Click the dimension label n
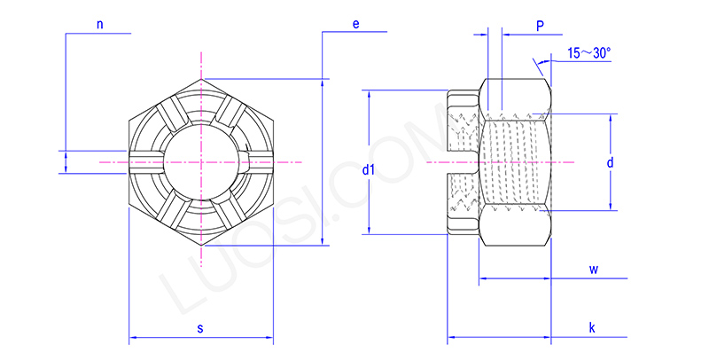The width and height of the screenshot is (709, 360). pyautogui.click(x=100, y=25)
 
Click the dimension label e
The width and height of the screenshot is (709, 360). pyautogui.click(x=355, y=24)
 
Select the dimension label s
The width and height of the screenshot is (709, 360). pyautogui.click(x=200, y=328)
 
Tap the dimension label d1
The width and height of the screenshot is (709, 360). pyautogui.click(x=370, y=168)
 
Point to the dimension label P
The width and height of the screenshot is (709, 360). pyautogui.click(x=539, y=27)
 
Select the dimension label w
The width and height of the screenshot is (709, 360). pyautogui.click(x=594, y=268)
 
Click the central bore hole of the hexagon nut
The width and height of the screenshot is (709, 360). pyautogui.click(x=202, y=162)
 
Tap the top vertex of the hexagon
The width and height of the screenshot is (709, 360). pyautogui.click(x=202, y=79)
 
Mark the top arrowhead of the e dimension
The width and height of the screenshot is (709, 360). pyautogui.click(x=323, y=82)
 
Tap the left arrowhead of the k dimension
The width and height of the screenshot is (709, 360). pyautogui.click(x=450, y=338)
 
